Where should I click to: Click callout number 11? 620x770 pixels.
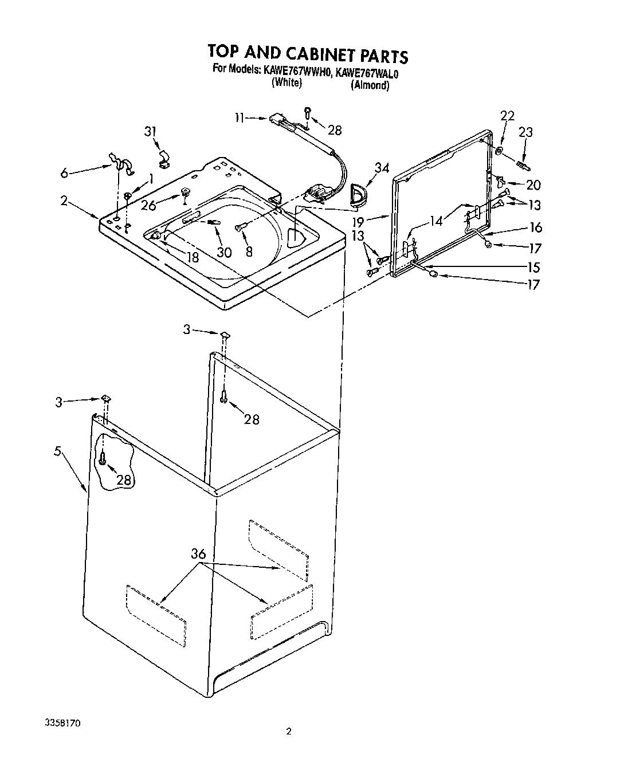[240, 118]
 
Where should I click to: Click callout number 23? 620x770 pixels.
[525, 132]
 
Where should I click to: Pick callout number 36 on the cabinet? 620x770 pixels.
[198, 553]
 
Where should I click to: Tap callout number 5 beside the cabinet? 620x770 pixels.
[57, 450]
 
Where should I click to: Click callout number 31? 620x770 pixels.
[150, 132]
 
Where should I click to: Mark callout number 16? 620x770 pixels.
[536, 227]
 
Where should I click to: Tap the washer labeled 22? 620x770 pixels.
[500, 151]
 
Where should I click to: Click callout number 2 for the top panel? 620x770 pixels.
[63, 201]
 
